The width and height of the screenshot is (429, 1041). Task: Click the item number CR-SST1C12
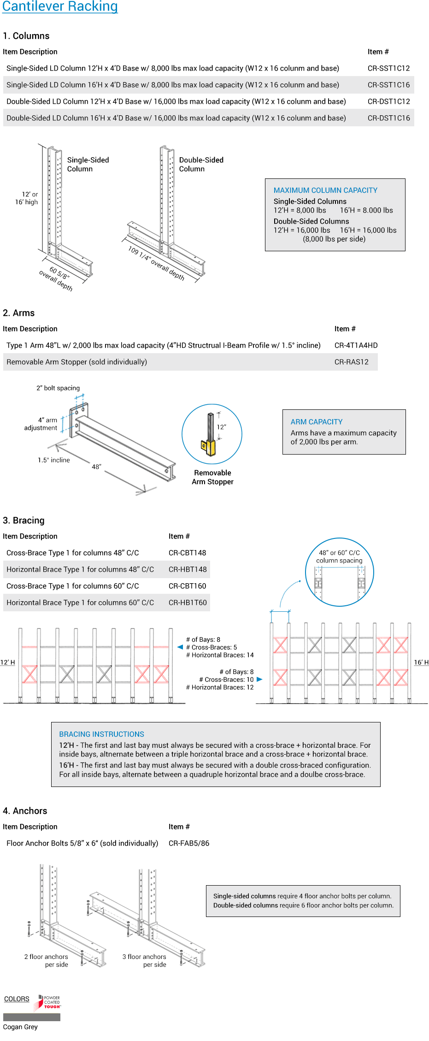pos(388,68)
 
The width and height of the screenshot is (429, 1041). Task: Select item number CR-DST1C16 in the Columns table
pos(388,118)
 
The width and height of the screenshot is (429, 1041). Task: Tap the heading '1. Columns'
pos(26,36)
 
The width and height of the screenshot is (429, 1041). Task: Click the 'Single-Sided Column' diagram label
pos(88,164)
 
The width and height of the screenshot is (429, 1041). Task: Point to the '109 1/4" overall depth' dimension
pos(156,263)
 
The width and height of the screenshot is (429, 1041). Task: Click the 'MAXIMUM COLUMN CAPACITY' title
pos(325,190)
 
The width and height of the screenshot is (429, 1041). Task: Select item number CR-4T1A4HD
pos(356,345)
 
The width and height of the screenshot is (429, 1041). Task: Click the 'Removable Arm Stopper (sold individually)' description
pos(77,362)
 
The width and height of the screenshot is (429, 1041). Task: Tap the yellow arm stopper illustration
pos(212,446)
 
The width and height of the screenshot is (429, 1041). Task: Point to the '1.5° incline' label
pos(54,460)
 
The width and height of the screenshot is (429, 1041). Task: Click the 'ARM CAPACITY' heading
pos(317,422)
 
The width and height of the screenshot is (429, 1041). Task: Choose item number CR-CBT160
pos(187,586)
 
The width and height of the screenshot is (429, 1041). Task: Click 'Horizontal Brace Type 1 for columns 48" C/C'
pos(80,569)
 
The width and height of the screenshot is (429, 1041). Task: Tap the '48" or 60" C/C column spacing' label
pos(339,556)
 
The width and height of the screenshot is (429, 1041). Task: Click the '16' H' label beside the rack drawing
pos(421,662)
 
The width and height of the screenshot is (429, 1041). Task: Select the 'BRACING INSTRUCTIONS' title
pos(101,734)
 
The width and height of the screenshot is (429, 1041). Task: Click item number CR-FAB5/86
pos(189,843)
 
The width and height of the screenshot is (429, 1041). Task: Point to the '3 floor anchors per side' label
pos(144,960)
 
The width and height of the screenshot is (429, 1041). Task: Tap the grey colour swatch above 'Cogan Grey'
pos(31,1017)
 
